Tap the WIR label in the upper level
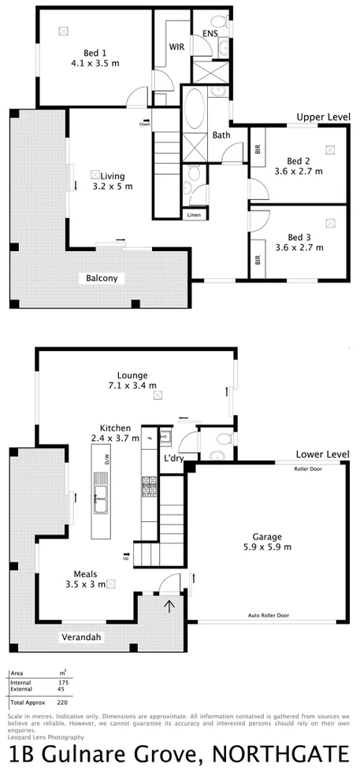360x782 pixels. (176, 46)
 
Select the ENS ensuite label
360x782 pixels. (210, 34)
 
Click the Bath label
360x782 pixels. (221, 135)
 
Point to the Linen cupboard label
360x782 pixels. (194, 214)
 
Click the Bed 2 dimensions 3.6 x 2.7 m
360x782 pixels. (299, 171)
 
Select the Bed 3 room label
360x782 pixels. (299, 237)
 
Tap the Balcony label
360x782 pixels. (102, 278)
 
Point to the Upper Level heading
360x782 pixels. (323, 117)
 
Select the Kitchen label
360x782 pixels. (115, 428)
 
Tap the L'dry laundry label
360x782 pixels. (173, 458)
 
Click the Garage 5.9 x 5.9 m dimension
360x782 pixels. (266, 547)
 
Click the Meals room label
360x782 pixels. (85, 574)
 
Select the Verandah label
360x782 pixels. (83, 637)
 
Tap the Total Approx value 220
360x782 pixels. (61, 701)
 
